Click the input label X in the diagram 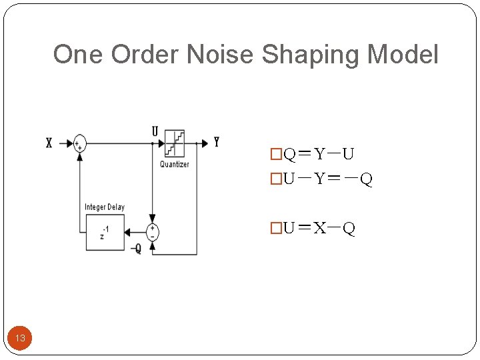(49, 143)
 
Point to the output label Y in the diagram (217, 142)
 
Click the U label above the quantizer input (155, 132)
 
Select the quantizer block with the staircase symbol (175, 143)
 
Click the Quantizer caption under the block (175, 164)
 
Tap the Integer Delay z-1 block (105, 231)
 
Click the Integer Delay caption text (105, 207)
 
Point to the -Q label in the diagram (136, 249)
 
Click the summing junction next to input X (80, 143)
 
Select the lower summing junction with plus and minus (153, 231)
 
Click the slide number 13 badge (20, 338)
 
